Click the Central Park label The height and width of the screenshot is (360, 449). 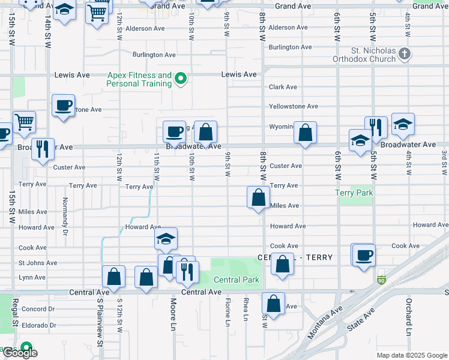pos(237,280)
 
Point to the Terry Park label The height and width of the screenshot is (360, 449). pos(354,193)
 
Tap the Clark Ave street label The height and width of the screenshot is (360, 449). pos(283,87)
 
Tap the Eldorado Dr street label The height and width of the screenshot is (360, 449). pos(37,325)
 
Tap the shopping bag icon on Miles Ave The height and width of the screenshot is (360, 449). pos(258,197)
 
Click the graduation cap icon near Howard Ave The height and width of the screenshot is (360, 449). pos(165,239)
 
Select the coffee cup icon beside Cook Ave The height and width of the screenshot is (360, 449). pos(363,255)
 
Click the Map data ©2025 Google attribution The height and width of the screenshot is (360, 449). pos(411,355)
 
